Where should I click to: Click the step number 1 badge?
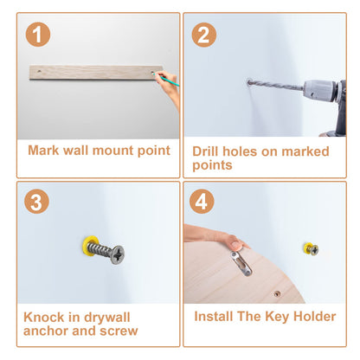click(x=38, y=35)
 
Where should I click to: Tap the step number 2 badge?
click(x=204, y=35)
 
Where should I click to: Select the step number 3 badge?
click(x=36, y=202)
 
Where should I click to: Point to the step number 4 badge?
click(x=202, y=202)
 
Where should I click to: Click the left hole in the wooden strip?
click(x=39, y=70)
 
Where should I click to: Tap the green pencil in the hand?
click(x=166, y=80)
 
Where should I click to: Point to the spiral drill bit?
click(x=276, y=85)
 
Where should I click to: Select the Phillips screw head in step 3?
click(x=118, y=254)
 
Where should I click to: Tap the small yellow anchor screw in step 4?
click(x=311, y=248)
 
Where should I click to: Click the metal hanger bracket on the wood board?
click(x=241, y=263)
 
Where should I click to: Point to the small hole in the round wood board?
click(x=277, y=294)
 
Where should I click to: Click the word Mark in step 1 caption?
click(x=44, y=151)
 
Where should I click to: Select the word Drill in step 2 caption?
click(x=206, y=151)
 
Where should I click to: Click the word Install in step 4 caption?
click(x=214, y=316)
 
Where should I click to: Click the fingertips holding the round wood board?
click(x=237, y=243)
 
